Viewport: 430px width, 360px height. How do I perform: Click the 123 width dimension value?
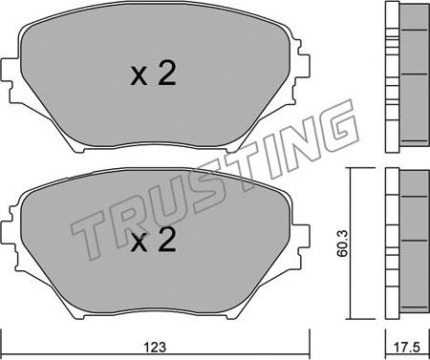(155, 347)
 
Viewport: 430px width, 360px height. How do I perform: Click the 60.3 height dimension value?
(343, 244)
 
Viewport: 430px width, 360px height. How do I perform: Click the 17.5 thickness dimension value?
(408, 347)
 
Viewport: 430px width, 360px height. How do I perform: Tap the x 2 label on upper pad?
(153, 74)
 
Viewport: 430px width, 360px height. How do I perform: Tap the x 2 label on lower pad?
(153, 241)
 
